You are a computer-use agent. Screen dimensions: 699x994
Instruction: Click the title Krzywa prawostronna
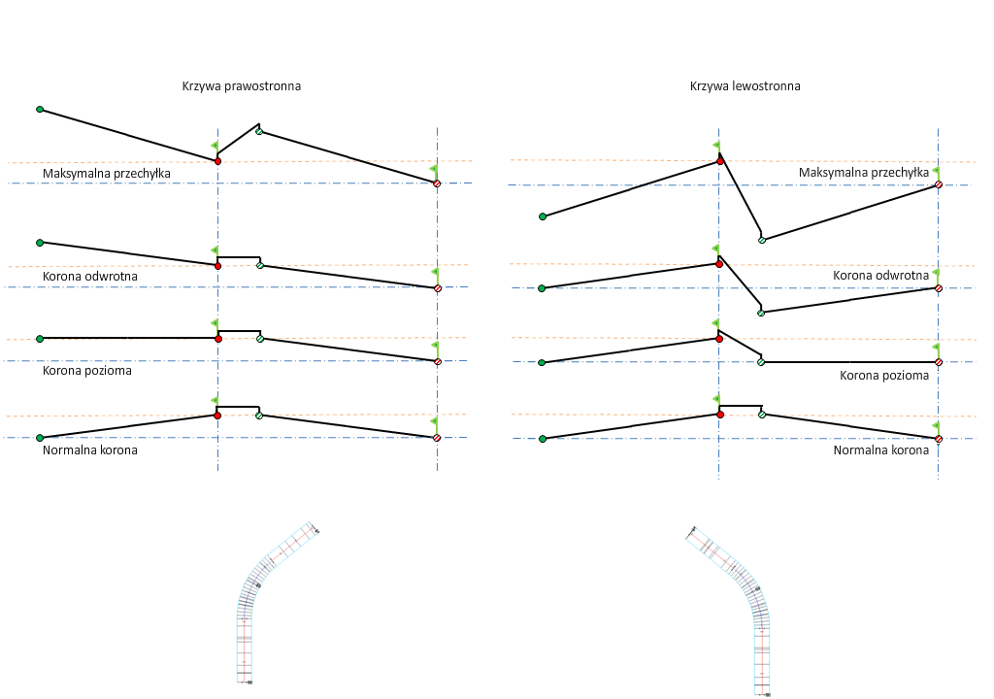tap(241, 85)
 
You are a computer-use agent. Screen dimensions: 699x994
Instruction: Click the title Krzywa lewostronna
tap(745, 85)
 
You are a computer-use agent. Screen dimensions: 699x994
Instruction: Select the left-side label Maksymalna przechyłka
tap(107, 174)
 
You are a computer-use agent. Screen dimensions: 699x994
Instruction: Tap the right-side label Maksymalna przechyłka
tap(863, 173)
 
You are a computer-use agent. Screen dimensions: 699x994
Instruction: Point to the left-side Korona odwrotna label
tap(90, 277)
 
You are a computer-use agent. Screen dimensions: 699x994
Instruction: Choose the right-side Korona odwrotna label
tap(880, 276)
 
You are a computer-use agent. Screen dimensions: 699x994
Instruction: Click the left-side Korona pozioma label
tap(87, 371)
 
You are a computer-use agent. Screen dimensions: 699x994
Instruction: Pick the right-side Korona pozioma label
tap(883, 376)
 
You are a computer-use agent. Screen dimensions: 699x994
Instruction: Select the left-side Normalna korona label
tap(90, 450)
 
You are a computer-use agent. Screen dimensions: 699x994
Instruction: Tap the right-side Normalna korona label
tap(880, 450)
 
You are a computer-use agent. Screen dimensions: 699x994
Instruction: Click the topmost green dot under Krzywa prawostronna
tap(40, 110)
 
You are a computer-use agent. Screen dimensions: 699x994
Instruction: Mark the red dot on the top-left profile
tap(217, 161)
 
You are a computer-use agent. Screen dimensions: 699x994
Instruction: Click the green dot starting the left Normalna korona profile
tap(40, 438)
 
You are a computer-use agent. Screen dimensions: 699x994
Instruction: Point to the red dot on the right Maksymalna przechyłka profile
tap(719, 161)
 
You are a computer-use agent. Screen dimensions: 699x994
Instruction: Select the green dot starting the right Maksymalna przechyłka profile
tap(543, 216)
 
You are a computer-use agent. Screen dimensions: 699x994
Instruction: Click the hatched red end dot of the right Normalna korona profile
tap(939, 439)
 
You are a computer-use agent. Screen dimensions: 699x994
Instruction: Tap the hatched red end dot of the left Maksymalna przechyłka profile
tap(437, 183)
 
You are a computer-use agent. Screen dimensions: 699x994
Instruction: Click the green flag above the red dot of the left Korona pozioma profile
tap(215, 323)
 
